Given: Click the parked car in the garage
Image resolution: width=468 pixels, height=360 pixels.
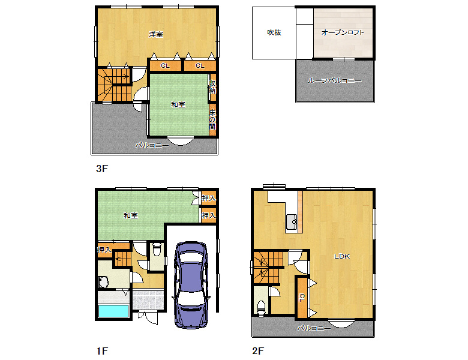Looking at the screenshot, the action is coord(191,285).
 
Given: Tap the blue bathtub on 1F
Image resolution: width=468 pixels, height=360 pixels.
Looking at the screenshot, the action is coord(114,311).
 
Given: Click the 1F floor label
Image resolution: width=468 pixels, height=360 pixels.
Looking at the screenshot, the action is coord(102,351).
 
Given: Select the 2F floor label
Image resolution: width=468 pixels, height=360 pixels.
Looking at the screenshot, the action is coord(258,351).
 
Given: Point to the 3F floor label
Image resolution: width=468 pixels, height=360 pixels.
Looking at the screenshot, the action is coord(102,169).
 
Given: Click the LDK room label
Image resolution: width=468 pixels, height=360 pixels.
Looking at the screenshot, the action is coord(342,256).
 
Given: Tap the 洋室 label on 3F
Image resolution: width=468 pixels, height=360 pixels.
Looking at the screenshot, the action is coord(156,34).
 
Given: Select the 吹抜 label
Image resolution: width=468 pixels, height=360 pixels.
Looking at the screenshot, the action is coord(274,32).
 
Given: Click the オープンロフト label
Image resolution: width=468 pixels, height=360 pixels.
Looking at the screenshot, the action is coord(343,32).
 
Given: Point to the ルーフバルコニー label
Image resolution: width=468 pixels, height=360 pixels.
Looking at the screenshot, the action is coord(335,80).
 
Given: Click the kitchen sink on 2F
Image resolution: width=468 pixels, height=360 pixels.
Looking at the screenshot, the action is coord(291,222).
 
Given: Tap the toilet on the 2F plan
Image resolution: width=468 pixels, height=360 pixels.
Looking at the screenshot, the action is coord(261,308).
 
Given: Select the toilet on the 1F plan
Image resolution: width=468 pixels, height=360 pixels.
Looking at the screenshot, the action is coord(157,250).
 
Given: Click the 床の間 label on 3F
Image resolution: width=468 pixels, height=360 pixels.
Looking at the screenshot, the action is coord(212,119).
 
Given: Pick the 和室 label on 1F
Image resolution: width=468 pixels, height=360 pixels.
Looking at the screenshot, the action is coord(131,215).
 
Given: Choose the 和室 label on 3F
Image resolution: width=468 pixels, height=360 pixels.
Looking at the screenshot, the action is coord(178,104).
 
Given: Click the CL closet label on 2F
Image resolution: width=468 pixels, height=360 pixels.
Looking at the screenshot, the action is coord(302,298).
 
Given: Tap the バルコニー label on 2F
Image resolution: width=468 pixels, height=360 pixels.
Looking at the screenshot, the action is coord(314,328).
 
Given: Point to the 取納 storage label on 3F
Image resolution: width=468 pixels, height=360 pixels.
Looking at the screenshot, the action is coord(212,87).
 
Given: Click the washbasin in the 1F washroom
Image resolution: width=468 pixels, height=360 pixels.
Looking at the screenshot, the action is coord(103,282).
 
